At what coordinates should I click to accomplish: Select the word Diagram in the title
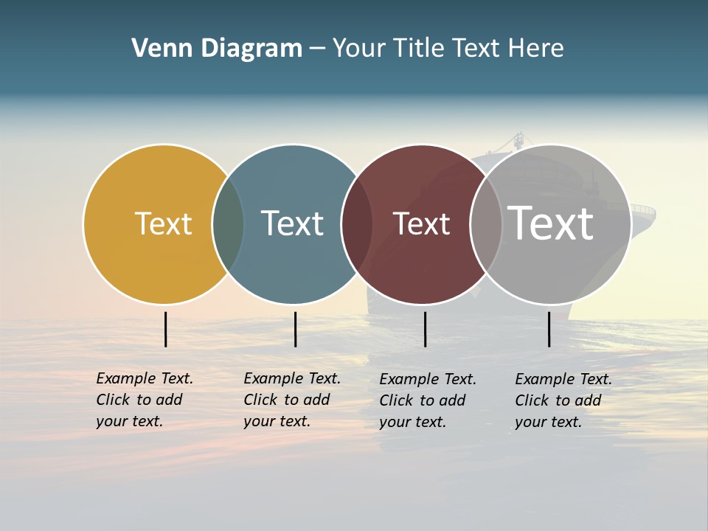[x=251, y=48]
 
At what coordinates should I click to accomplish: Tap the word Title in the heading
[x=419, y=48]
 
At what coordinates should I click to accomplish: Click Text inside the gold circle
[x=163, y=223]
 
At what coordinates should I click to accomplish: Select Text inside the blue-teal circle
[x=292, y=223]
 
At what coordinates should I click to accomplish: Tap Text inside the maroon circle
[x=421, y=223]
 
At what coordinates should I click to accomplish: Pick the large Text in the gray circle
[x=551, y=223]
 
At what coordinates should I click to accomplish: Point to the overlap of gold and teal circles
[x=228, y=224]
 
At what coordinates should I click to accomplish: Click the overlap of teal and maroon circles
[x=356, y=224]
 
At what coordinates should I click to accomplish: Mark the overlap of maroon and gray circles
[x=486, y=224]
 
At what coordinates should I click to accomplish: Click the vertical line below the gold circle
[x=166, y=329]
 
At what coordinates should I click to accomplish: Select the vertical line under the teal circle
[x=295, y=329]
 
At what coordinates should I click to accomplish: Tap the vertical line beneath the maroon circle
[x=425, y=329]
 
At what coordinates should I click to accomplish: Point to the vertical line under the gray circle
[x=549, y=329]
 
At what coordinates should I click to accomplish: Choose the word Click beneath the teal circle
[x=260, y=400]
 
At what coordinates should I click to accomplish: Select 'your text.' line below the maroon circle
[x=413, y=422]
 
